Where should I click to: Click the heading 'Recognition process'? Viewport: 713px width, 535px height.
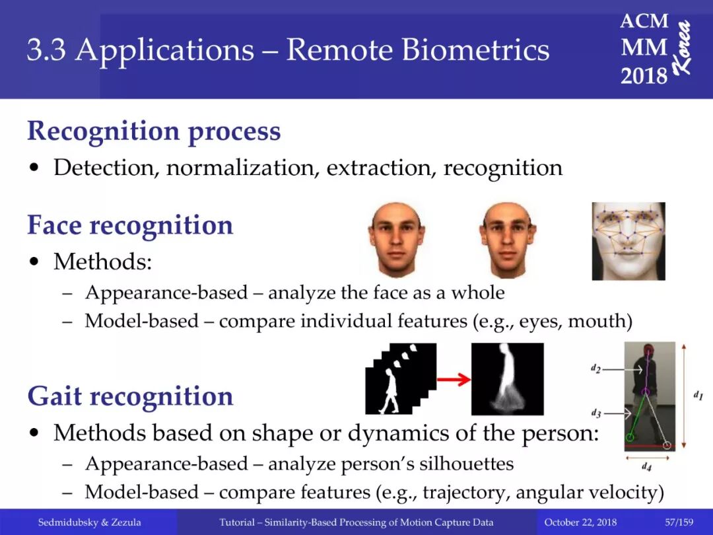(x=154, y=132)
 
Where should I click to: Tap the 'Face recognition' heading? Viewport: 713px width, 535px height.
(x=130, y=225)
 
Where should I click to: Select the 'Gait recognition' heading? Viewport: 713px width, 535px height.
(x=131, y=396)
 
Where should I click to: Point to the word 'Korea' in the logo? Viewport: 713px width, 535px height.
(x=683, y=48)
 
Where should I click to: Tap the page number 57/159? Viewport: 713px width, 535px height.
(x=679, y=522)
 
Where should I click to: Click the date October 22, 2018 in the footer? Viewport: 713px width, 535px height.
(x=581, y=522)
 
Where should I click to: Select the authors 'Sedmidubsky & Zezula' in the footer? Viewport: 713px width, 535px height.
(x=90, y=522)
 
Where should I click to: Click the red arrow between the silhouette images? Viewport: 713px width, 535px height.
(x=454, y=379)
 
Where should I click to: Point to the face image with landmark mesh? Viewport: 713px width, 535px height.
(x=628, y=241)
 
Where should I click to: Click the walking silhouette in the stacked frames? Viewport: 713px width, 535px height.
(x=390, y=391)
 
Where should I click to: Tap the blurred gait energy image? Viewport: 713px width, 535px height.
(x=508, y=379)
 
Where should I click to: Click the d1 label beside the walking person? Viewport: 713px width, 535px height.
(x=698, y=396)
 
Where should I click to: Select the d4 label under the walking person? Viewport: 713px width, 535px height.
(x=646, y=466)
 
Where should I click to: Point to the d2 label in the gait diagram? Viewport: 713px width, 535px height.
(x=595, y=369)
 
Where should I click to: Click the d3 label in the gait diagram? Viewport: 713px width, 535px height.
(x=596, y=413)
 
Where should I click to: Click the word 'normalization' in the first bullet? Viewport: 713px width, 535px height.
(x=240, y=168)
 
